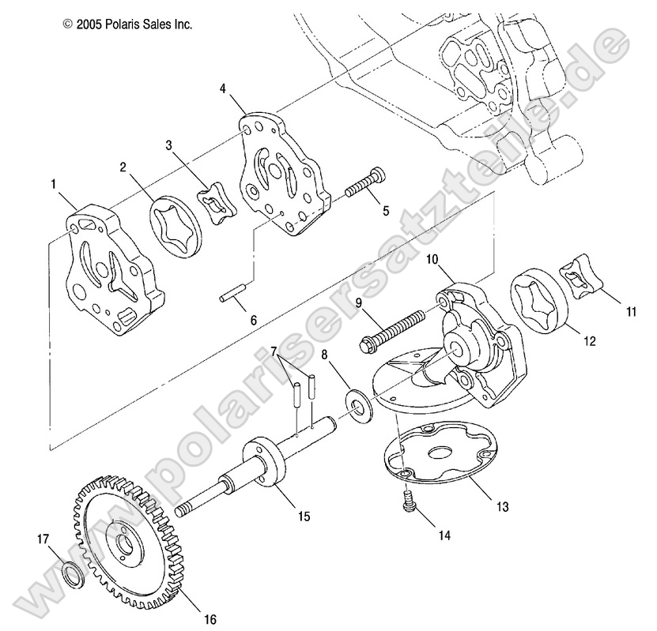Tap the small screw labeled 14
[410, 502]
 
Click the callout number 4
[225, 90]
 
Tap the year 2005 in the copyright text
[91, 24]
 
